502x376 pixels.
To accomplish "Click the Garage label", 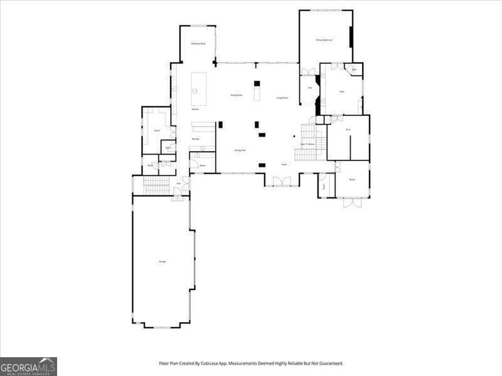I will coord(163,261).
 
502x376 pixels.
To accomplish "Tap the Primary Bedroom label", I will coord(324,40).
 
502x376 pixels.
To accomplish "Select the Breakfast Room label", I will coord(198,44).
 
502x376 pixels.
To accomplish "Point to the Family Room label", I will coord(236,95).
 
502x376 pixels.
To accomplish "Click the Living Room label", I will coord(282,98).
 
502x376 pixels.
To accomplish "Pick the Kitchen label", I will coord(195,110).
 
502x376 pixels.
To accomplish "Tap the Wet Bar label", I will coord(196,138).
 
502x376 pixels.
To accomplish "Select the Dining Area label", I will coord(240,150).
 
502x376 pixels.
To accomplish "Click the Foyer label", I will coord(284,164).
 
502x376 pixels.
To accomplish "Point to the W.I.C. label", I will coord(348,130).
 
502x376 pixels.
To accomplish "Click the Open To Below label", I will coord(307,144).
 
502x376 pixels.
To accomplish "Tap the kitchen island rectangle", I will coord(199,89).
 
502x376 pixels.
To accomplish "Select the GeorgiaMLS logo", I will coord(28,366).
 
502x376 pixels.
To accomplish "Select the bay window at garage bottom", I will coord(162,326).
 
